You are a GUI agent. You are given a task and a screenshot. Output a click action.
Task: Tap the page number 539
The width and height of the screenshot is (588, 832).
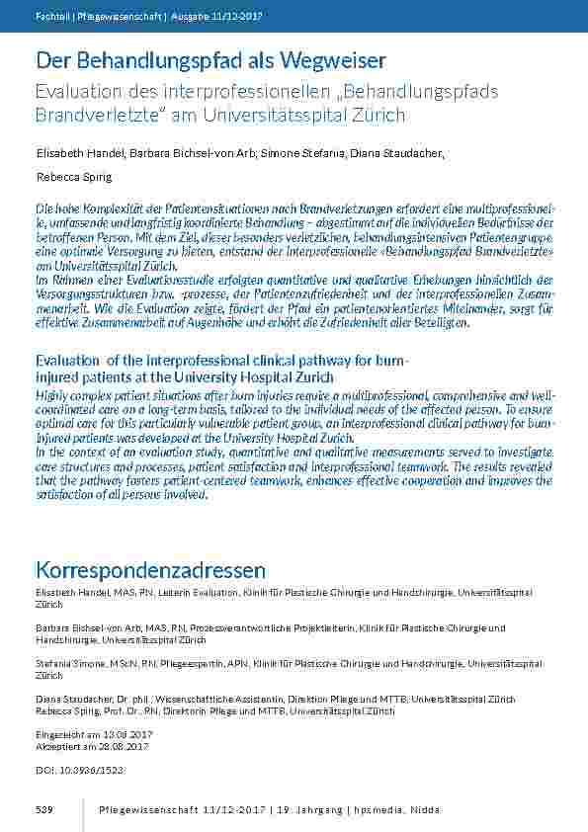(x=43, y=809)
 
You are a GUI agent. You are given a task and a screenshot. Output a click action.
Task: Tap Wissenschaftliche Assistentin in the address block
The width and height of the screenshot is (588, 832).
(x=187, y=699)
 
